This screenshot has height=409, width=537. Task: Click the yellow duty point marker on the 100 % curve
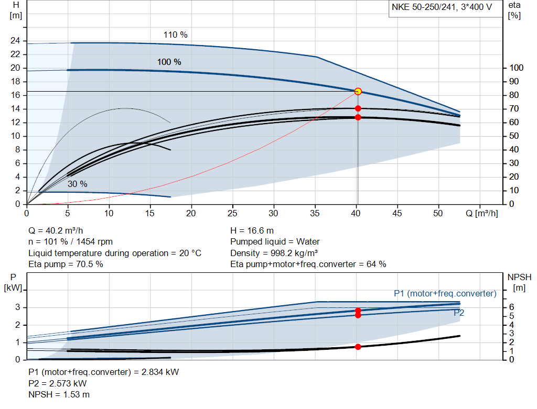[358, 91]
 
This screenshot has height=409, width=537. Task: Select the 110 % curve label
[175, 35]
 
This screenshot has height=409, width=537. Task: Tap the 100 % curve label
[169, 62]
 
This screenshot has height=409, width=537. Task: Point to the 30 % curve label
[77, 184]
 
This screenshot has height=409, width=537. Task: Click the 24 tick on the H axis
[15, 41]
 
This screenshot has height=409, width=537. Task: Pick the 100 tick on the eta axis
[517, 68]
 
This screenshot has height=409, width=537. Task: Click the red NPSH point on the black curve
[358, 347]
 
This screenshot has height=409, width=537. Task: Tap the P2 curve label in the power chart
[459, 313]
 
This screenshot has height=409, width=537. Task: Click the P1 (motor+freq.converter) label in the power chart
[445, 293]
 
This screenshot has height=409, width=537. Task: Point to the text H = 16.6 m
[252, 230]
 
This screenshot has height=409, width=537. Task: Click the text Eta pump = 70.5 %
[66, 264]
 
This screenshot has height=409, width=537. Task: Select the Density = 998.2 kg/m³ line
[274, 253]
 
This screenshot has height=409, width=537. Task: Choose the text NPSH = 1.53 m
[59, 394]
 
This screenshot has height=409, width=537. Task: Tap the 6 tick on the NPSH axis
[511, 307]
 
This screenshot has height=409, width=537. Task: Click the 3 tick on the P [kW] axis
[17, 307]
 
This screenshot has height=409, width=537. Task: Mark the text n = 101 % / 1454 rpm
[70, 242]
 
